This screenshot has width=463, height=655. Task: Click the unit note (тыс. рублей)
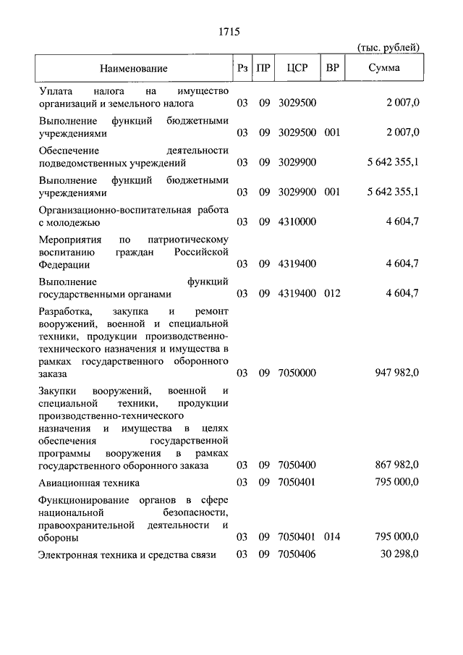(x=388, y=47)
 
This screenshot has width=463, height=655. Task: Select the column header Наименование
(x=134, y=69)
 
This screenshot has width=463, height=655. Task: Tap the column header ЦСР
(x=297, y=69)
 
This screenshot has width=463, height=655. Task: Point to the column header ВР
(x=333, y=69)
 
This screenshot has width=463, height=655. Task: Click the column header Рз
(x=242, y=69)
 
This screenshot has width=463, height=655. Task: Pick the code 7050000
(x=297, y=373)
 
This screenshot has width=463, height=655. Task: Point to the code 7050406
(x=297, y=554)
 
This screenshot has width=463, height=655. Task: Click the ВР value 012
(x=333, y=294)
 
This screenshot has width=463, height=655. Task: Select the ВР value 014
(x=333, y=538)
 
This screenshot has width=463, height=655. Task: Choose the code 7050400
(x=297, y=465)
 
